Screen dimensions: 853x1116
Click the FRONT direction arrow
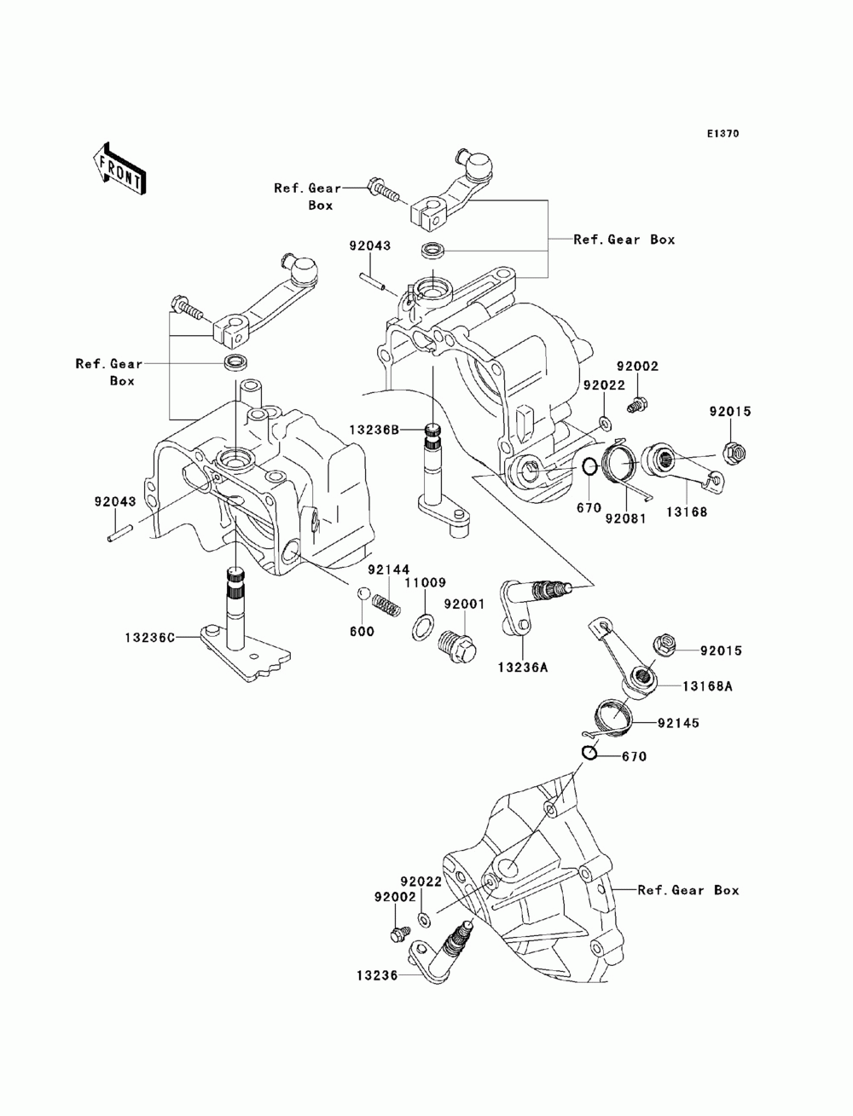coord(119,168)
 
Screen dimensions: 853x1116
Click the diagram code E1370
coord(722,134)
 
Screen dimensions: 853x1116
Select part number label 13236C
coord(150,637)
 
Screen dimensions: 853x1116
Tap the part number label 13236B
coord(374,431)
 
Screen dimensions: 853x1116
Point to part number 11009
coord(426,582)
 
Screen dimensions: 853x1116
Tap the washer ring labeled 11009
coord(421,627)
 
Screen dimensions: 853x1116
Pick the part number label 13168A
coord(707,686)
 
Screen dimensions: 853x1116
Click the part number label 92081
coord(625,518)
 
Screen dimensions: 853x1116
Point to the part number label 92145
coord(678,722)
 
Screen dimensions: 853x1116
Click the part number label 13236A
coord(523,668)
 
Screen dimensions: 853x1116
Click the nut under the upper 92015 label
coord(732,450)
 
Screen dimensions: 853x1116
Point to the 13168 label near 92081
coord(687,512)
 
